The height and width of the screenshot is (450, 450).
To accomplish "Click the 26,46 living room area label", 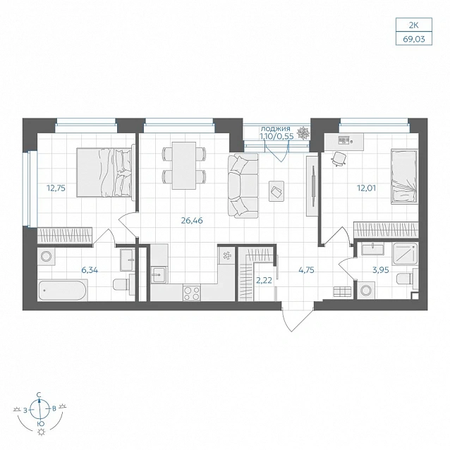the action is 192,220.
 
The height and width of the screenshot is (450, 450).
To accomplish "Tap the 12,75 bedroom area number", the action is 56,188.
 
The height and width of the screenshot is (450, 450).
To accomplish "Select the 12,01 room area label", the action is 366,188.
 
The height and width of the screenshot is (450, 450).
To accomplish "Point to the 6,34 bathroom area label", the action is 90,270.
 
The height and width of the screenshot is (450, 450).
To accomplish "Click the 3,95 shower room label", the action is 381,270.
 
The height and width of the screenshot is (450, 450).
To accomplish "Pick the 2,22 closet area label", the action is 264,281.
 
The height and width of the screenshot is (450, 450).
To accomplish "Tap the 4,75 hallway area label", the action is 306,270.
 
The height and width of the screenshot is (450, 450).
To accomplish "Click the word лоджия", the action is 276,129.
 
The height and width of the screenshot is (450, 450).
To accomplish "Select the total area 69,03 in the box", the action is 414,39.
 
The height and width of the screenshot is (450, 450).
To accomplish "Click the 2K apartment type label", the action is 414,25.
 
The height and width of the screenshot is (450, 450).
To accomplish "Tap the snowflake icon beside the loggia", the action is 303,133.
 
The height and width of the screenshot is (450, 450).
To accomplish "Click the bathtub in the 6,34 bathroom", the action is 63,291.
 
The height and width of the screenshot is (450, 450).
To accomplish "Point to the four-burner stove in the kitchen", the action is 192,293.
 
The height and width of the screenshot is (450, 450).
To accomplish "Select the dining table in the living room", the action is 184,166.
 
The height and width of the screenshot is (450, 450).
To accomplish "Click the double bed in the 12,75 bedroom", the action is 105,173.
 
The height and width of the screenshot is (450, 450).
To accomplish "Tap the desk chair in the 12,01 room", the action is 339,159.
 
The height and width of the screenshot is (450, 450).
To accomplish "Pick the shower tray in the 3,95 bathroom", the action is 405,254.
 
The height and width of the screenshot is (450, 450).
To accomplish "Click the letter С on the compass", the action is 39,395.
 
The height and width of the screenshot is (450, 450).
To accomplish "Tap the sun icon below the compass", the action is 42,432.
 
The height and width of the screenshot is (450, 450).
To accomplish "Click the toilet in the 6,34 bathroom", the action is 123,284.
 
